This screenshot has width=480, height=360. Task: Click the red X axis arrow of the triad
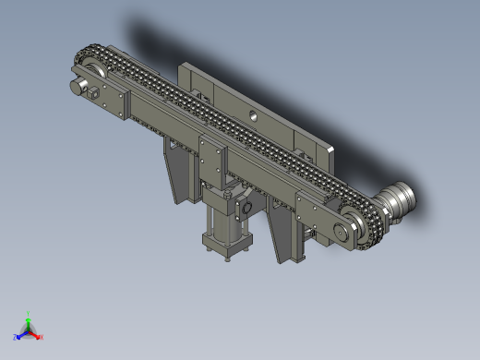click(x=37, y=336)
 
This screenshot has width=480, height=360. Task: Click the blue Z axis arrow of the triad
click(x=20, y=335)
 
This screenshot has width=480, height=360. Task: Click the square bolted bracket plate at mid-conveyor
click(x=211, y=157)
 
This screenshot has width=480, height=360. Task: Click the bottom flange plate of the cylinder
click(x=226, y=247)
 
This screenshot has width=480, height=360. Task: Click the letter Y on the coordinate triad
click(x=30, y=314)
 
